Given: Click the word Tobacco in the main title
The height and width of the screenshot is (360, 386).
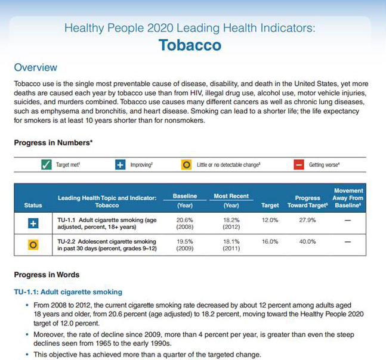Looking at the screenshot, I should coord(190,45).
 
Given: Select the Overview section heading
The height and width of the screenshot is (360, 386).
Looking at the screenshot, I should coord(36,67).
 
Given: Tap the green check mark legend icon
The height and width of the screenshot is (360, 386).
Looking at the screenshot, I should coord(47,165).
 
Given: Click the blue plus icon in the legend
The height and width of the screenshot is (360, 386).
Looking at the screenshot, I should coord(120,165).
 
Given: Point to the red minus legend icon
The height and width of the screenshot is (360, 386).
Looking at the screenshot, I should coord(299,165).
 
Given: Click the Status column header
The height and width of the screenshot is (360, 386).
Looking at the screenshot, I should coord(33,205).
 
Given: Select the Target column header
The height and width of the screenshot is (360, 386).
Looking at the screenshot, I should coord(270,205).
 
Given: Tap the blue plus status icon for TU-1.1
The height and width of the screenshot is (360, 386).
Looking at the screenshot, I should coord(33,223).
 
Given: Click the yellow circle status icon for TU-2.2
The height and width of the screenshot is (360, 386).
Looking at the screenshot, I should coord(33,245).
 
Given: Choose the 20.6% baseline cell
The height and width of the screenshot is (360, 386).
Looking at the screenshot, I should coord(185,220).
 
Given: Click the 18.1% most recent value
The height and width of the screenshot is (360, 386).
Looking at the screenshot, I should coord(231,241).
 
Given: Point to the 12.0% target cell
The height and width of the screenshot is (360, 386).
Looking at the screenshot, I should coord(270,220).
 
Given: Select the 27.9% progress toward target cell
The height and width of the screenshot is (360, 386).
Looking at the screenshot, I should coord(308,220).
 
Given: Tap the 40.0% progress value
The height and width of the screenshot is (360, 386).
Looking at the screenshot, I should coord(308,241).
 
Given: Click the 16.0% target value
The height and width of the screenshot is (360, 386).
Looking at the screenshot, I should coord(270,241).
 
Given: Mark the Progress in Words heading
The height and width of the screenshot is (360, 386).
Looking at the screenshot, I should coord(47,275).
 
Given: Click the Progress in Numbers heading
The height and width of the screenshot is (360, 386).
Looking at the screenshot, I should coord(53,142).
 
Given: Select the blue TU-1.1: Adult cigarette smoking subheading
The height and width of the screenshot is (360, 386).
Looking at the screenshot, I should coord(68,292).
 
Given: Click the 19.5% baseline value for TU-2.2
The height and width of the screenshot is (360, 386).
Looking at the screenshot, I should coord(185,241).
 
